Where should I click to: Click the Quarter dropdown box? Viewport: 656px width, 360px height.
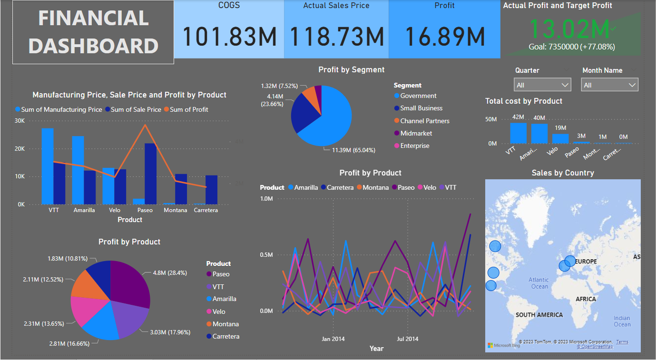point(542,85)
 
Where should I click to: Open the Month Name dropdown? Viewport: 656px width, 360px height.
point(609,85)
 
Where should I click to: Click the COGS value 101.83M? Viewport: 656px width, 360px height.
point(230,37)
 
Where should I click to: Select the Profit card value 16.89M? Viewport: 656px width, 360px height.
point(444,37)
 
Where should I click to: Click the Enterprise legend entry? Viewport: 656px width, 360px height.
point(414,146)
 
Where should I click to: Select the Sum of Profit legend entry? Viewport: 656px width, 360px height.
point(189,109)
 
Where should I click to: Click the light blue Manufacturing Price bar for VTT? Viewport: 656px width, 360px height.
point(47,166)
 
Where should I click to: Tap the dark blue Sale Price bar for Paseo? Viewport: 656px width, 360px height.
point(150,174)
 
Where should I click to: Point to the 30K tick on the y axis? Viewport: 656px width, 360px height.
point(20,121)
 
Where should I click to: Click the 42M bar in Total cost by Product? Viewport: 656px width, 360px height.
point(518,133)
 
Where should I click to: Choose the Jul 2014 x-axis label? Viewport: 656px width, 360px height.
point(408,339)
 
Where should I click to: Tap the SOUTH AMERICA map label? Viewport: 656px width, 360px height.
point(539,315)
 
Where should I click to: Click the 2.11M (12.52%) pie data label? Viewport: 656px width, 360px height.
point(43,280)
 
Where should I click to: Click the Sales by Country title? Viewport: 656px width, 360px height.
point(563,173)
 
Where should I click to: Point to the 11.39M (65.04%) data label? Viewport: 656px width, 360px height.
point(350,150)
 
